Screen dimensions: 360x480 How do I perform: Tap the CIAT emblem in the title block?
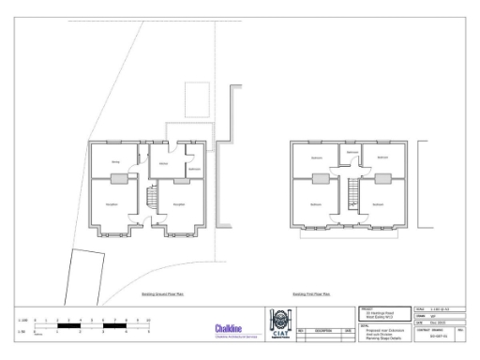tap(278, 323)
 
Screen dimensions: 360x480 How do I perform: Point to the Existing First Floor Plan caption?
tap(311, 293)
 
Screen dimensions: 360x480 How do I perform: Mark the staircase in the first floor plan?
tap(352, 195)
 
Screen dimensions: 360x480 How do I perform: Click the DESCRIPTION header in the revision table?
tap(323, 330)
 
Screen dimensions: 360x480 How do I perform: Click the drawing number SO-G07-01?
tap(435, 337)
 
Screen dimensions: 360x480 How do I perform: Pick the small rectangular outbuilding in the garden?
tap(198, 97)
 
